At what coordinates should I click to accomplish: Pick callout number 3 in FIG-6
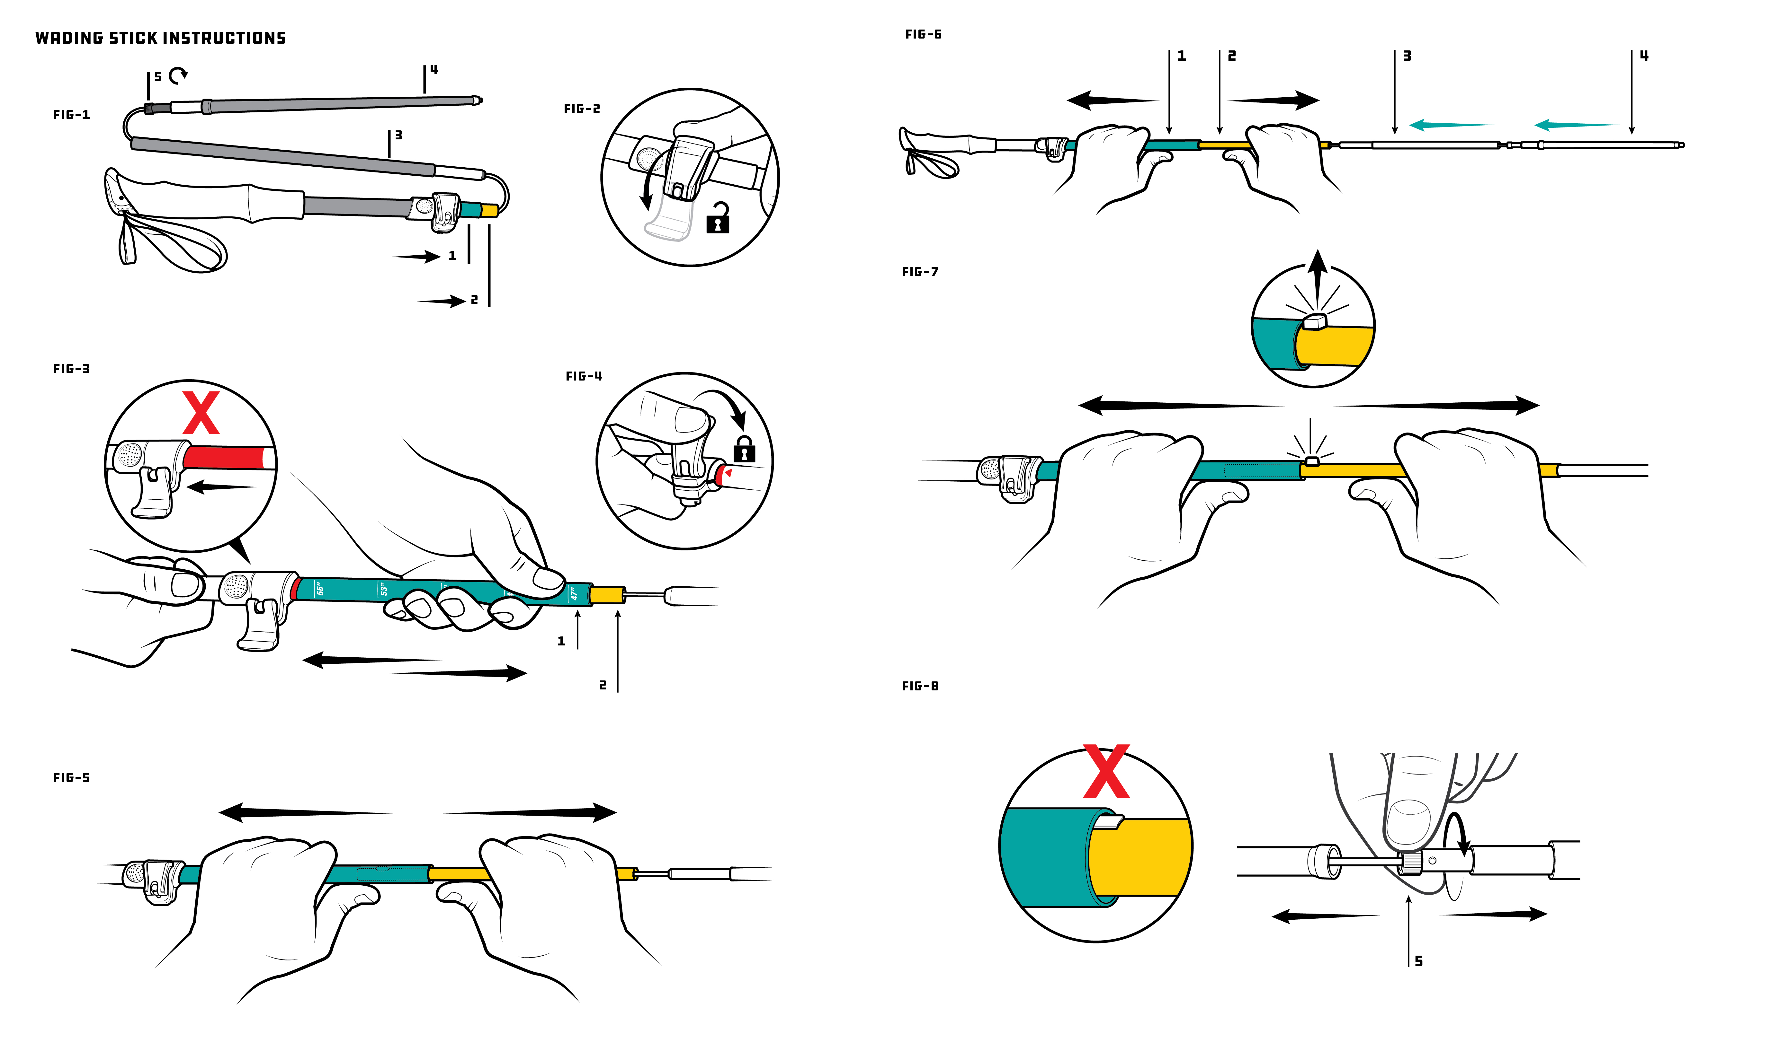[x=1407, y=56]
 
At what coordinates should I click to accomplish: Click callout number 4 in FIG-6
[x=1643, y=56]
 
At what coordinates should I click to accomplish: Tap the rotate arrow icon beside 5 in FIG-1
[x=178, y=74]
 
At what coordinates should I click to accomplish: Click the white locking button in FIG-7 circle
[x=1313, y=322]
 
